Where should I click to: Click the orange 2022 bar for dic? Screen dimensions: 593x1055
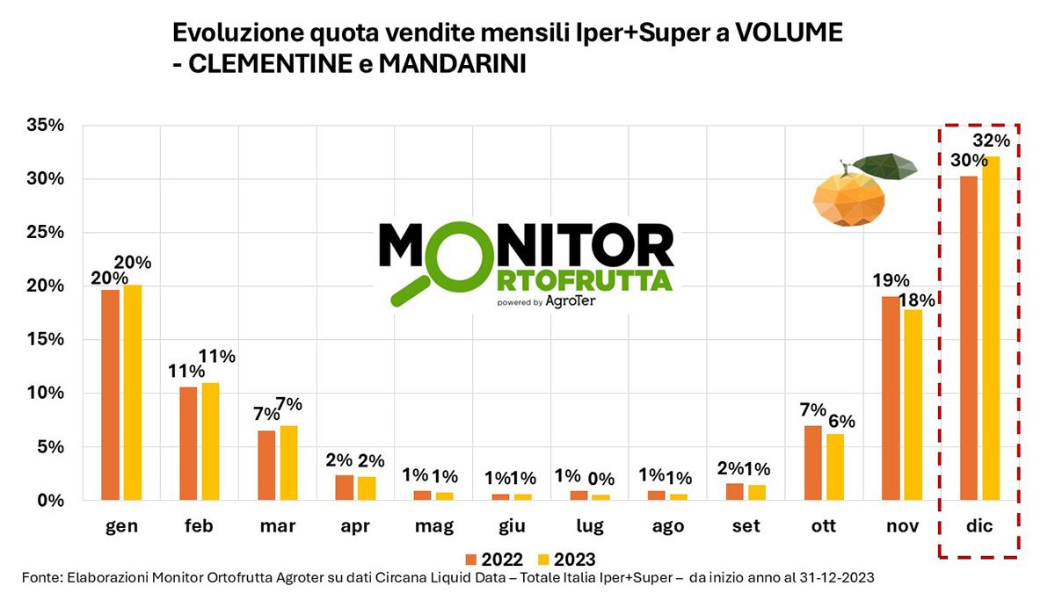(x=969, y=338)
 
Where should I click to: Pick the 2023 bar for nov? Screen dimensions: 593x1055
(x=913, y=405)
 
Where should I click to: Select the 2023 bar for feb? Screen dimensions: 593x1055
(x=210, y=442)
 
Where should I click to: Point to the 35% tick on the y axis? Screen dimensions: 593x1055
(x=44, y=126)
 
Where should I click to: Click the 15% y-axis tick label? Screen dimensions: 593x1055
(x=44, y=340)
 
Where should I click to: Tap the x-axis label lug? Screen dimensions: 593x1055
(x=590, y=526)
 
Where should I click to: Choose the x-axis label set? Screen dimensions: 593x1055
(x=746, y=526)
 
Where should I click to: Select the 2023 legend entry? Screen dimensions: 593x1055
(x=568, y=559)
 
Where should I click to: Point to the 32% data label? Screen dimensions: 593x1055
(x=992, y=141)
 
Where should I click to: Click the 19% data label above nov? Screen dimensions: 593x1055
(x=890, y=281)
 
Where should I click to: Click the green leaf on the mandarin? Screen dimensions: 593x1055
(x=884, y=167)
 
